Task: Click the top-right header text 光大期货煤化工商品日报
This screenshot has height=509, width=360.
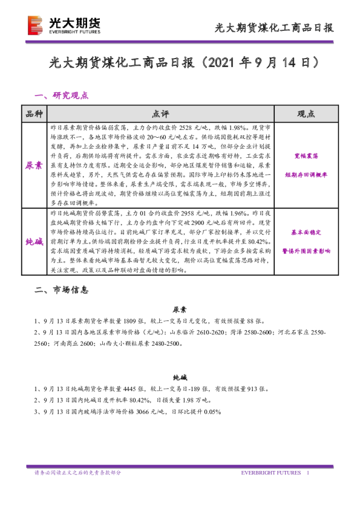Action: (275, 28)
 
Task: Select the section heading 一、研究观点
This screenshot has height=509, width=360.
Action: (62, 95)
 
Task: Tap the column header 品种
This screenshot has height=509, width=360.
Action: (34, 114)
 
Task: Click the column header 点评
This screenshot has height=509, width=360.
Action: (160, 114)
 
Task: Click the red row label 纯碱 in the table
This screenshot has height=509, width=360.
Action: (34, 241)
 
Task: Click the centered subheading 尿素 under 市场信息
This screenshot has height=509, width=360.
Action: (180, 308)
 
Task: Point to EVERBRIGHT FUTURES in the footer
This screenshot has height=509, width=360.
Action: (270, 472)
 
